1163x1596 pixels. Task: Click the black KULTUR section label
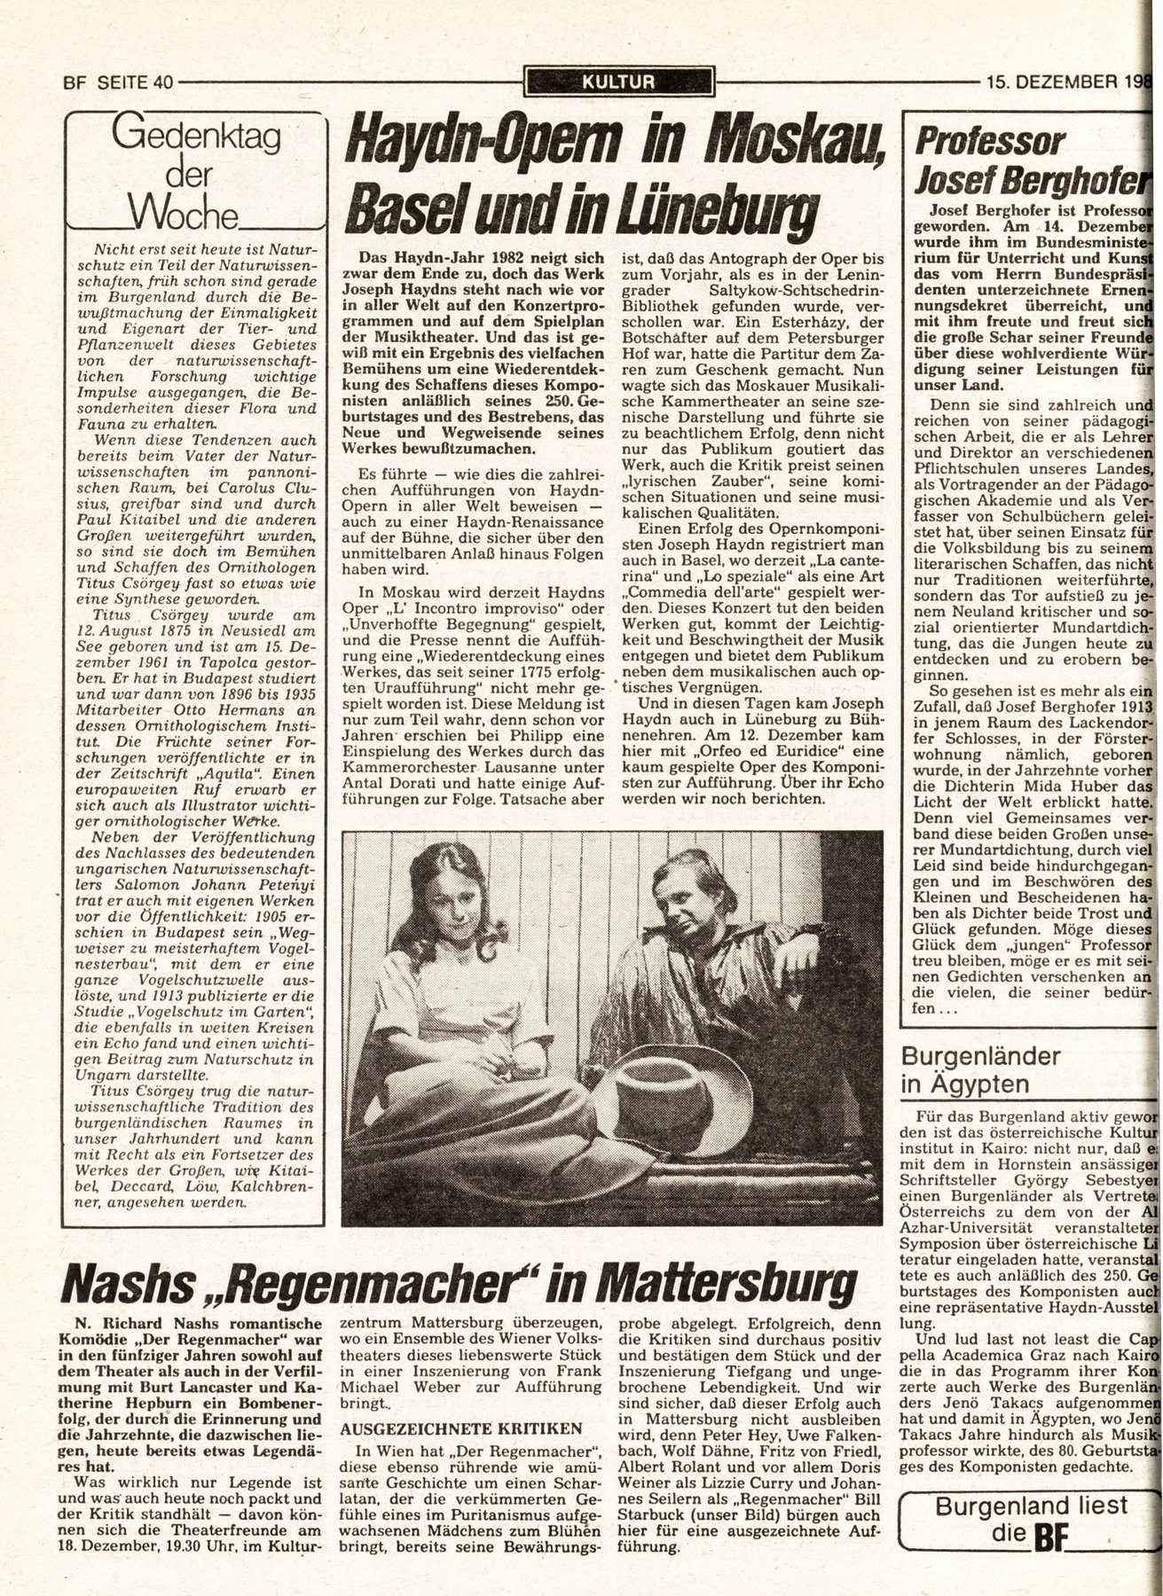pos(618,82)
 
